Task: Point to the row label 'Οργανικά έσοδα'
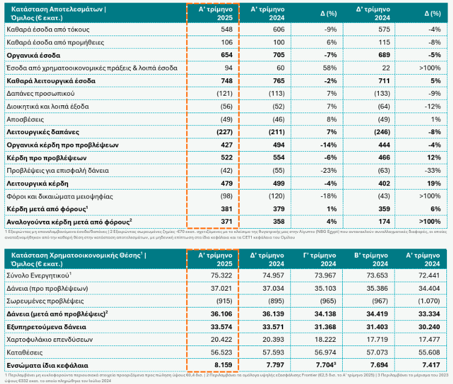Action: (x=32, y=55)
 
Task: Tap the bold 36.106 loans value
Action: (x=220, y=314)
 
